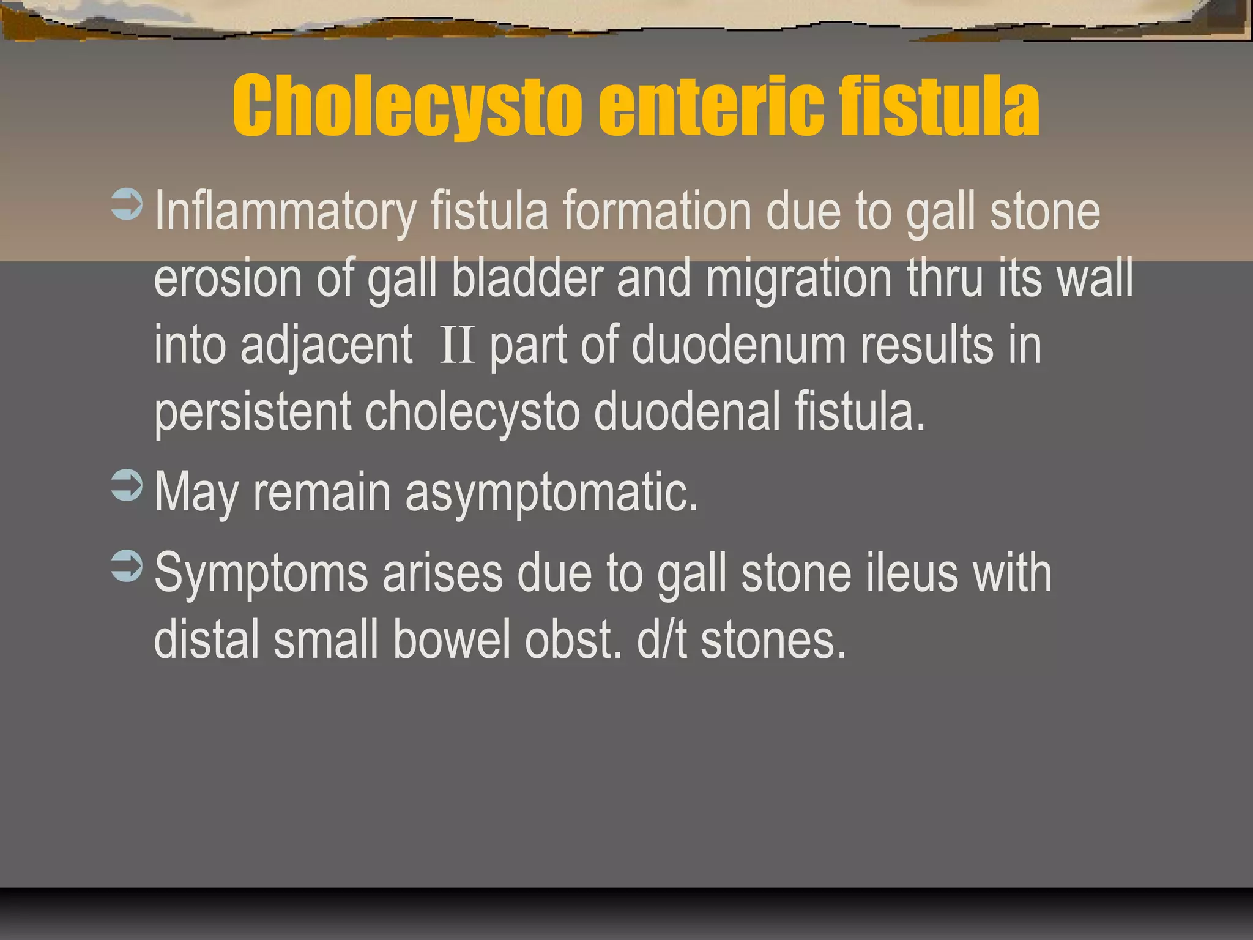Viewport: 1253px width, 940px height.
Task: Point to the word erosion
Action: pyautogui.click(x=228, y=279)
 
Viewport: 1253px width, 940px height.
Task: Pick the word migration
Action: pyautogui.click(x=799, y=279)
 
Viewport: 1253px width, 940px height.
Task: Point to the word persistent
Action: pyautogui.click(x=253, y=412)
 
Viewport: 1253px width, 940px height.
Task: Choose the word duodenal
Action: pyautogui.click(x=687, y=411)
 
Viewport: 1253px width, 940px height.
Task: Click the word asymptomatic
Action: pyautogui.click(x=551, y=493)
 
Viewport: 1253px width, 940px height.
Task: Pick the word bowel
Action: pyautogui.click(x=452, y=640)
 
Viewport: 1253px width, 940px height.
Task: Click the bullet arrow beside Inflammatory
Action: pyautogui.click(x=127, y=204)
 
